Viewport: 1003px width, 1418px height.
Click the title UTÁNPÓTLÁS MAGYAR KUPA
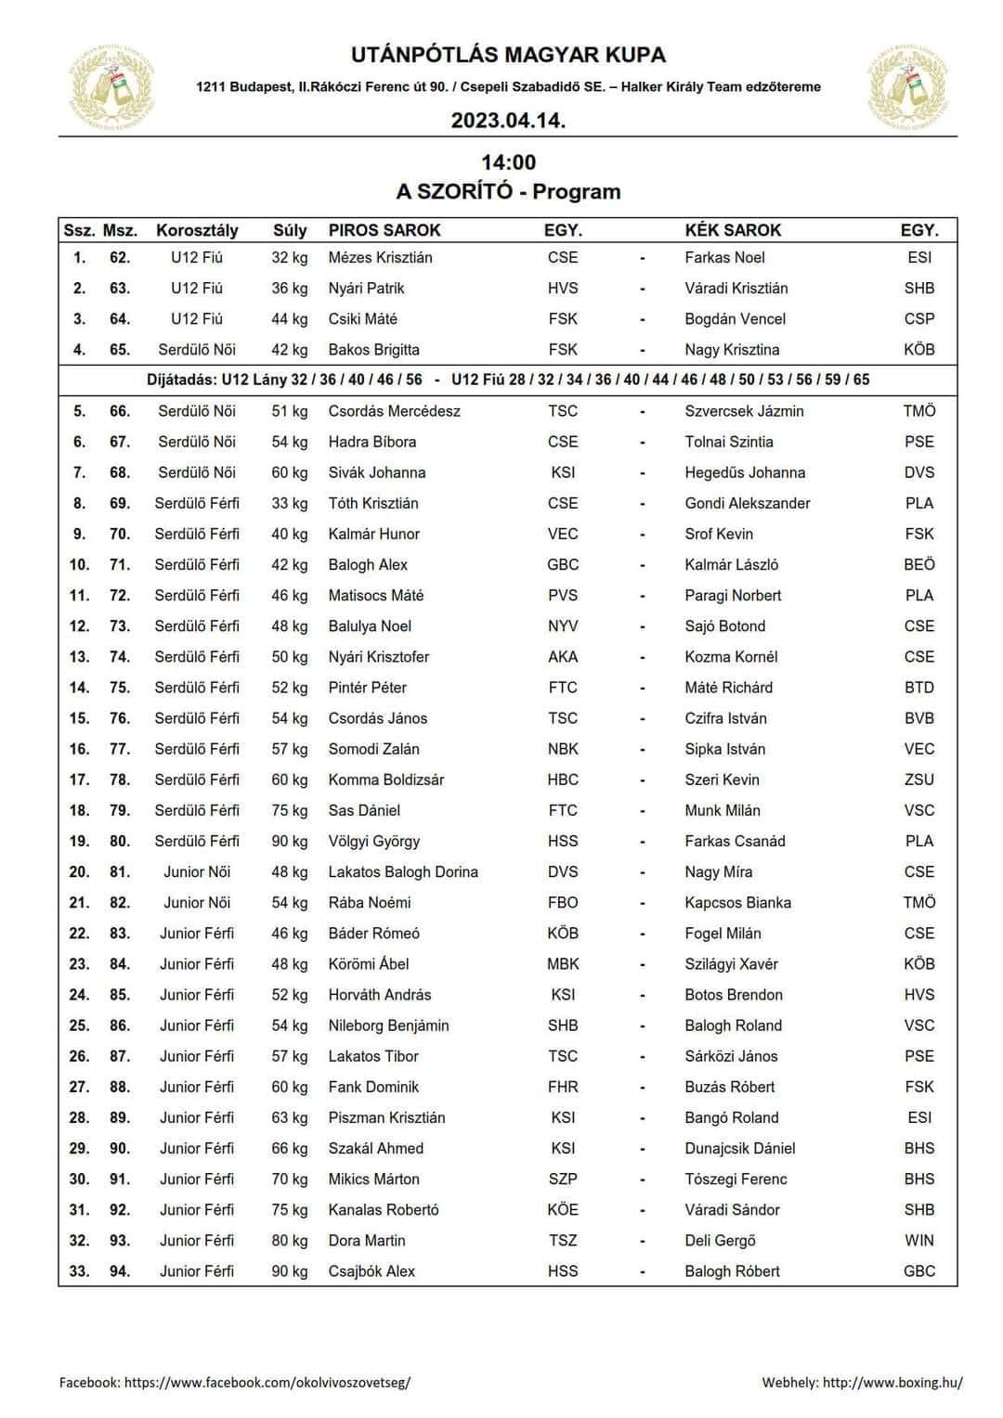(x=508, y=55)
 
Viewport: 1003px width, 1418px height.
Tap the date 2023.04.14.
(x=508, y=121)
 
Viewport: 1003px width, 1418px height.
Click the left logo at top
(x=112, y=86)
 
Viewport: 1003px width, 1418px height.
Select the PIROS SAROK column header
(x=384, y=230)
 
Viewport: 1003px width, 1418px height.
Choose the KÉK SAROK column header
(x=733, y=230)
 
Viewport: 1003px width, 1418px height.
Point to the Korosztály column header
(x=197, y=230)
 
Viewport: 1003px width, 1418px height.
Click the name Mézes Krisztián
(x=380, y=257)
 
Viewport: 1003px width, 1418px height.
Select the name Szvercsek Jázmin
(x=744, y=411)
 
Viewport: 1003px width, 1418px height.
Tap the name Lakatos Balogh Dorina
(x=403, y=871)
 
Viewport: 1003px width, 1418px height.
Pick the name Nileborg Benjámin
(x=388, y=1025)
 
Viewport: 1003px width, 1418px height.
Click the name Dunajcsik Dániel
(x=739, y=1148)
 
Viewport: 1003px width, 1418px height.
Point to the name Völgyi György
(x=373, y=841)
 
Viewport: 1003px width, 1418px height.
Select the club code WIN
(x=918, y=1240)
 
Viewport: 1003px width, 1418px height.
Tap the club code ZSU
(x=918, y=780)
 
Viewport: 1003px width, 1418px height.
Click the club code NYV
(x=563, y=625)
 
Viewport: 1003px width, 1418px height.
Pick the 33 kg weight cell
(x=289, y=503)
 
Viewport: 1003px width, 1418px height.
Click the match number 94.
(x=120, y=1270)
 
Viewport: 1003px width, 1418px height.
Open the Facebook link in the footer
(x=267, y=1382)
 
